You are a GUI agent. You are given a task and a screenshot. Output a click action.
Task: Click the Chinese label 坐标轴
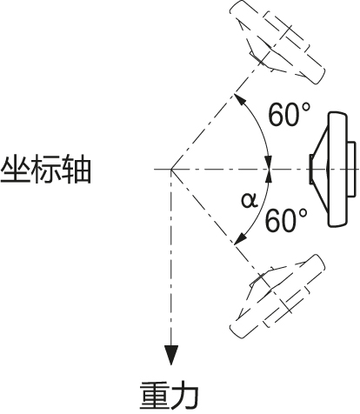pyautogui.click(x=46, y=170)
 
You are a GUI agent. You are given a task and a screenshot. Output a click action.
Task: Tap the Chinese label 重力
pyautogui.click(x=170, y=395)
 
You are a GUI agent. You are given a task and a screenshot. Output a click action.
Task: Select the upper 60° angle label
pyautogui.click(x=290, y=115)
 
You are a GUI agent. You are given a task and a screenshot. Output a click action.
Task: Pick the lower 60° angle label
pyautogui.click(x=287, y=220)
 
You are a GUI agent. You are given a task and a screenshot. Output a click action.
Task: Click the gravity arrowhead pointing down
pyautogui.click(x=171, y=355)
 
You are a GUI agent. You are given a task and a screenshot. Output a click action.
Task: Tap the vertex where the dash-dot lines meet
pyautogui.click(x=171, y=170)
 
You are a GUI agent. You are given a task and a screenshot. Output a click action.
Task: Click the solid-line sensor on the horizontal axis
pyautogui.click(x=333, y=170)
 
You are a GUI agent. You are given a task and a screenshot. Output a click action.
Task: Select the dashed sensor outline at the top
pyautogui.click(x=277, y=42)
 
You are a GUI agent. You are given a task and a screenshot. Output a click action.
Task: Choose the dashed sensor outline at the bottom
pyautogui.click(x=277, y=297)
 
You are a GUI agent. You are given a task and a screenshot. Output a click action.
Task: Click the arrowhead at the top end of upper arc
pyautogui.click(x=239, y=98)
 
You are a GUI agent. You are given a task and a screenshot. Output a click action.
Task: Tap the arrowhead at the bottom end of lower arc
pyautogui.click(x=240, y=239)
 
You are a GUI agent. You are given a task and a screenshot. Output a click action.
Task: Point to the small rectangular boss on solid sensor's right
pyautogui.click(x=352, y=170)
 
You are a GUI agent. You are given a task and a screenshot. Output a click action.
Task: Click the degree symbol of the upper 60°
pyautogui.click(x=306, y=108)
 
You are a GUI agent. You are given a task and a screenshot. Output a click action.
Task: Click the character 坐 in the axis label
pyautogui.click(x=16, y=170)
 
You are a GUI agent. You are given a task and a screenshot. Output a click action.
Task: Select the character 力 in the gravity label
pyautogui.click(x=185, y=395)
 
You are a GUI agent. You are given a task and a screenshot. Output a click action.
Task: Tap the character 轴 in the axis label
pyautogui.click(x=77, y=170)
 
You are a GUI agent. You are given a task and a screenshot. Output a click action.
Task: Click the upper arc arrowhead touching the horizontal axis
pyautogui.click(x=270, y=163)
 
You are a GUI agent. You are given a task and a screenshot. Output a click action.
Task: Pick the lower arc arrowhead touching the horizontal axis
pyautogui.click(x=270, y=176)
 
